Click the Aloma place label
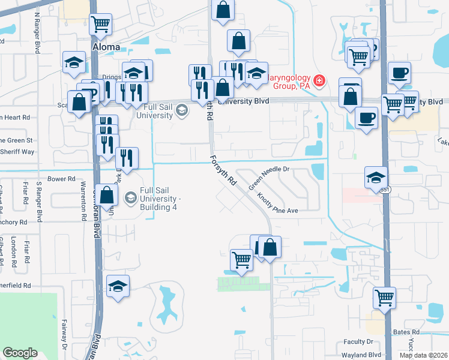point(106,46)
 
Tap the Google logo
point(20,353)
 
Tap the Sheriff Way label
point(17,152)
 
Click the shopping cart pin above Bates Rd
point(384,297)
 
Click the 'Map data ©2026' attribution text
point(423,355)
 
